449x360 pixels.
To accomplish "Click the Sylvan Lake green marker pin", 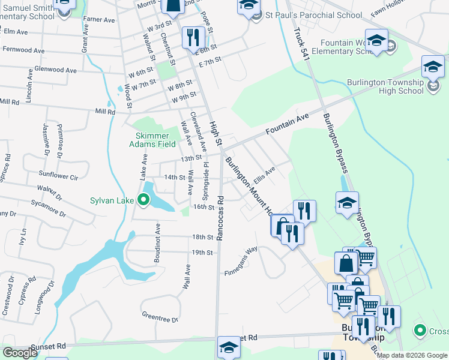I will pyautogui.click(x=143, y=200).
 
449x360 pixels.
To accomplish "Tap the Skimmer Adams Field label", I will pyautogui.click(x=154, y=140).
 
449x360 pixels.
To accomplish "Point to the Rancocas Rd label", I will pyautogui.click(x=220, y=218).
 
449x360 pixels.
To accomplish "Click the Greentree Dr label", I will pyautogui.click(x=160, y=316).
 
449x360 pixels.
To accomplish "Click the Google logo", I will pyautogui.click(x=19, y=353).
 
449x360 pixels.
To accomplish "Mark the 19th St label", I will pyautogui.click(x=202, y=253).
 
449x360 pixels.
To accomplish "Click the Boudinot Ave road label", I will pyautogui.click(x=157, y=237).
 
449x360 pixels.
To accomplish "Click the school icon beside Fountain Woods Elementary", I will pyautogui.click(x=376, y=40).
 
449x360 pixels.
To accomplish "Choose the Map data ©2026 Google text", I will pyautogui.click(x=412, y=355).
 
